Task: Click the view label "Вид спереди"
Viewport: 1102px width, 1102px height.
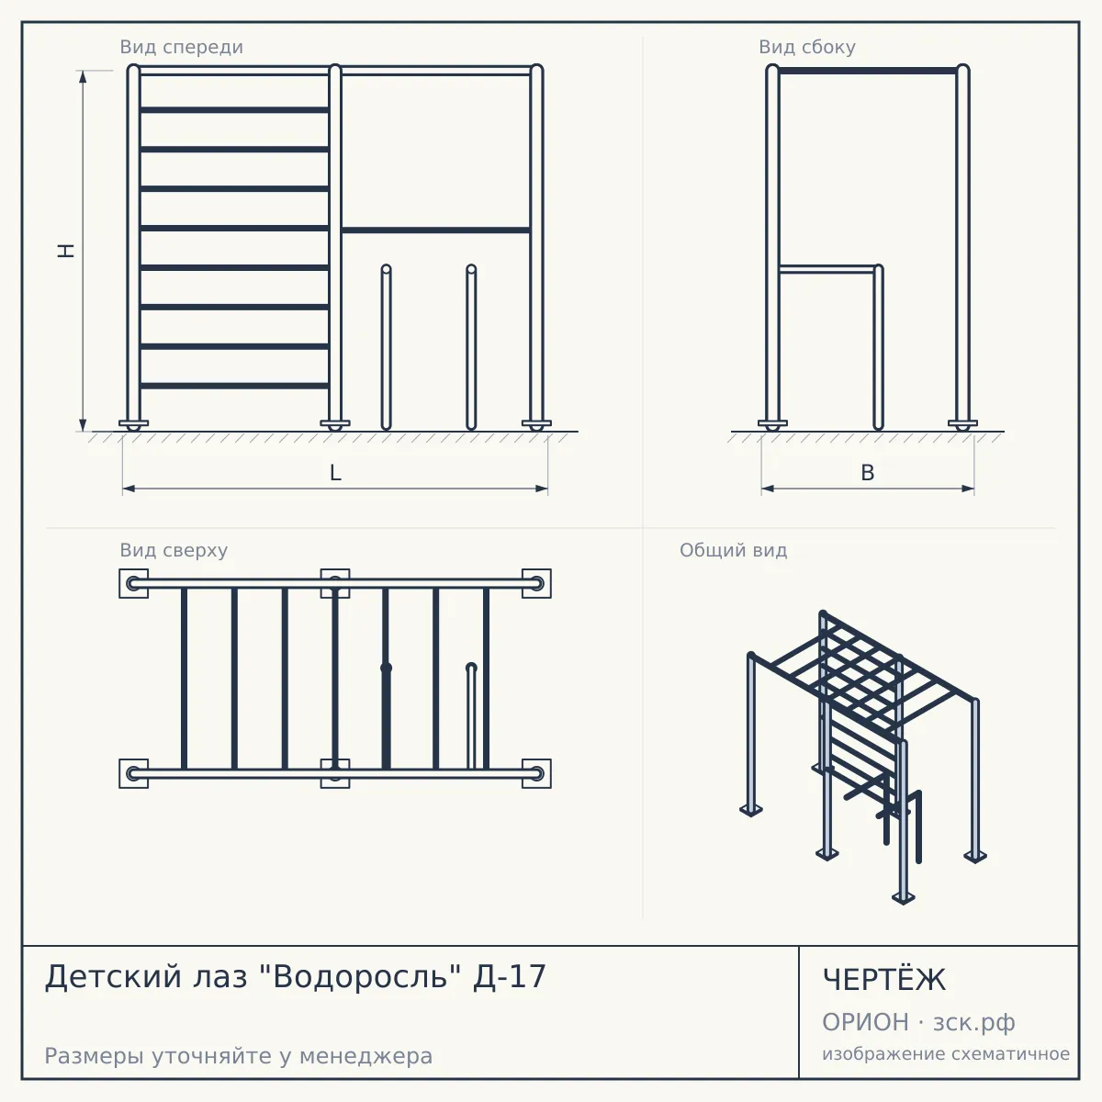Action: click(x=181, y=47)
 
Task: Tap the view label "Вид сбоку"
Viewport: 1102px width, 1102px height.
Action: click(x=807, y=47)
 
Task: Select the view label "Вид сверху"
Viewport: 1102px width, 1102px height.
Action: click(x=174, y=550)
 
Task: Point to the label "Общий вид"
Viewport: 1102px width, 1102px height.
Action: click(x=733, y=550)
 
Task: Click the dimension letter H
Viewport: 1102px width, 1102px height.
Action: click(x=66, y=251)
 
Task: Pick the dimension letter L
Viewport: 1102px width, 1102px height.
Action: click(x=335, y=473)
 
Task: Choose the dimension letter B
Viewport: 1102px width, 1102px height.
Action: click(x=868, y=473)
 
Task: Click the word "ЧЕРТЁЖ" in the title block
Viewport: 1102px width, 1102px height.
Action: click(x=884, y=979)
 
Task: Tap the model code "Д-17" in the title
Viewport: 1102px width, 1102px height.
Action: click(x=509, y=976)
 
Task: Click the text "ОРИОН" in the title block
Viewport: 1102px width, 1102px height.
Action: click(x=865, y=1022)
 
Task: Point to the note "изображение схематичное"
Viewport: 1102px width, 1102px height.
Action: click(x=946, y=1054)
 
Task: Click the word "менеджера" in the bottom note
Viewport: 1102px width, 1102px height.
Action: click(x=366, y=1056)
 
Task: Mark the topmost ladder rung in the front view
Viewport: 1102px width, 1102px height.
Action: click(x=234, y=110)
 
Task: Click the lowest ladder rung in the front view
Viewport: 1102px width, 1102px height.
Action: click(x=234, y=386)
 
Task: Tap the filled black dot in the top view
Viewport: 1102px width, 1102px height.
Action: click(x=386, y=668)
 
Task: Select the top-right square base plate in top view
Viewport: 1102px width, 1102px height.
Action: click(x=536, y=583)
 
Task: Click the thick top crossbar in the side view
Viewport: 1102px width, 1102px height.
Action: click(x=868, y=71)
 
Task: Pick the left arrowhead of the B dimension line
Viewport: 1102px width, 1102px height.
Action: click(x=768, y=489)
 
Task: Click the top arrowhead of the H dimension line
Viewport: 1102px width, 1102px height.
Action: click(x=83, y=76)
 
